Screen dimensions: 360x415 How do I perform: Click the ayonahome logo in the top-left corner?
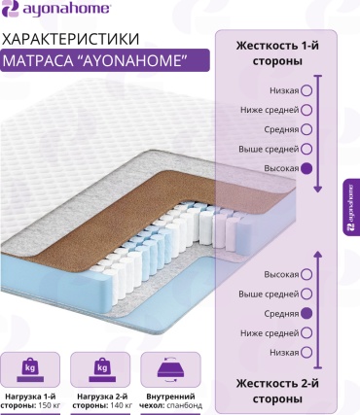[x=55, y=9]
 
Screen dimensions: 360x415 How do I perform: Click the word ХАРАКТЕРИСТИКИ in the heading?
[x=71, y=39]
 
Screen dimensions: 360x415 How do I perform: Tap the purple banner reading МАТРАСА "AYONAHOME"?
[x=104, y=60]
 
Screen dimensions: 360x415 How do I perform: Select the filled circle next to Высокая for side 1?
[x=306, y=168]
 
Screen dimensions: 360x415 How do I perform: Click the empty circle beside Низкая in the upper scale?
[x=306, y=90]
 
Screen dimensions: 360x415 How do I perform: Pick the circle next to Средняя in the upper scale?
[x=306, y=129]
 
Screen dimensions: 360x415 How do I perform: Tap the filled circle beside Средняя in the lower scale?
[x=306, y=313]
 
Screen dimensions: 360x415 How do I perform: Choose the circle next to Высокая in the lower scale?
[x=306, y=274]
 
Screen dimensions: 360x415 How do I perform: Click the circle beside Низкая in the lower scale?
[x=306, y=352]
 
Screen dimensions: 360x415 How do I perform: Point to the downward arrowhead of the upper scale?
[x=318, y=190]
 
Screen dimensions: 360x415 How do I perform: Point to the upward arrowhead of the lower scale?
[x=318, y=255]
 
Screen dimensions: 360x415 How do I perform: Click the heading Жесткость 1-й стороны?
[x=277, y=53]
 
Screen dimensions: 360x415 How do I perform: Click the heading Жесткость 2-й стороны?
[x=277, y=391]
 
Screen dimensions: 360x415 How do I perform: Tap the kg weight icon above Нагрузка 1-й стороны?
[x=30, y=370]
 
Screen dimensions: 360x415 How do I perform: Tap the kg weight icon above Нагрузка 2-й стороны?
[x=102, y=370]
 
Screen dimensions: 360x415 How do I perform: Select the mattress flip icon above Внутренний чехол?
[x=170, y=370]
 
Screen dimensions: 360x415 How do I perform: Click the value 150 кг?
[x=50, y=405]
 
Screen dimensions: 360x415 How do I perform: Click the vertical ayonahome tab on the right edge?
[x=351, y=207]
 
